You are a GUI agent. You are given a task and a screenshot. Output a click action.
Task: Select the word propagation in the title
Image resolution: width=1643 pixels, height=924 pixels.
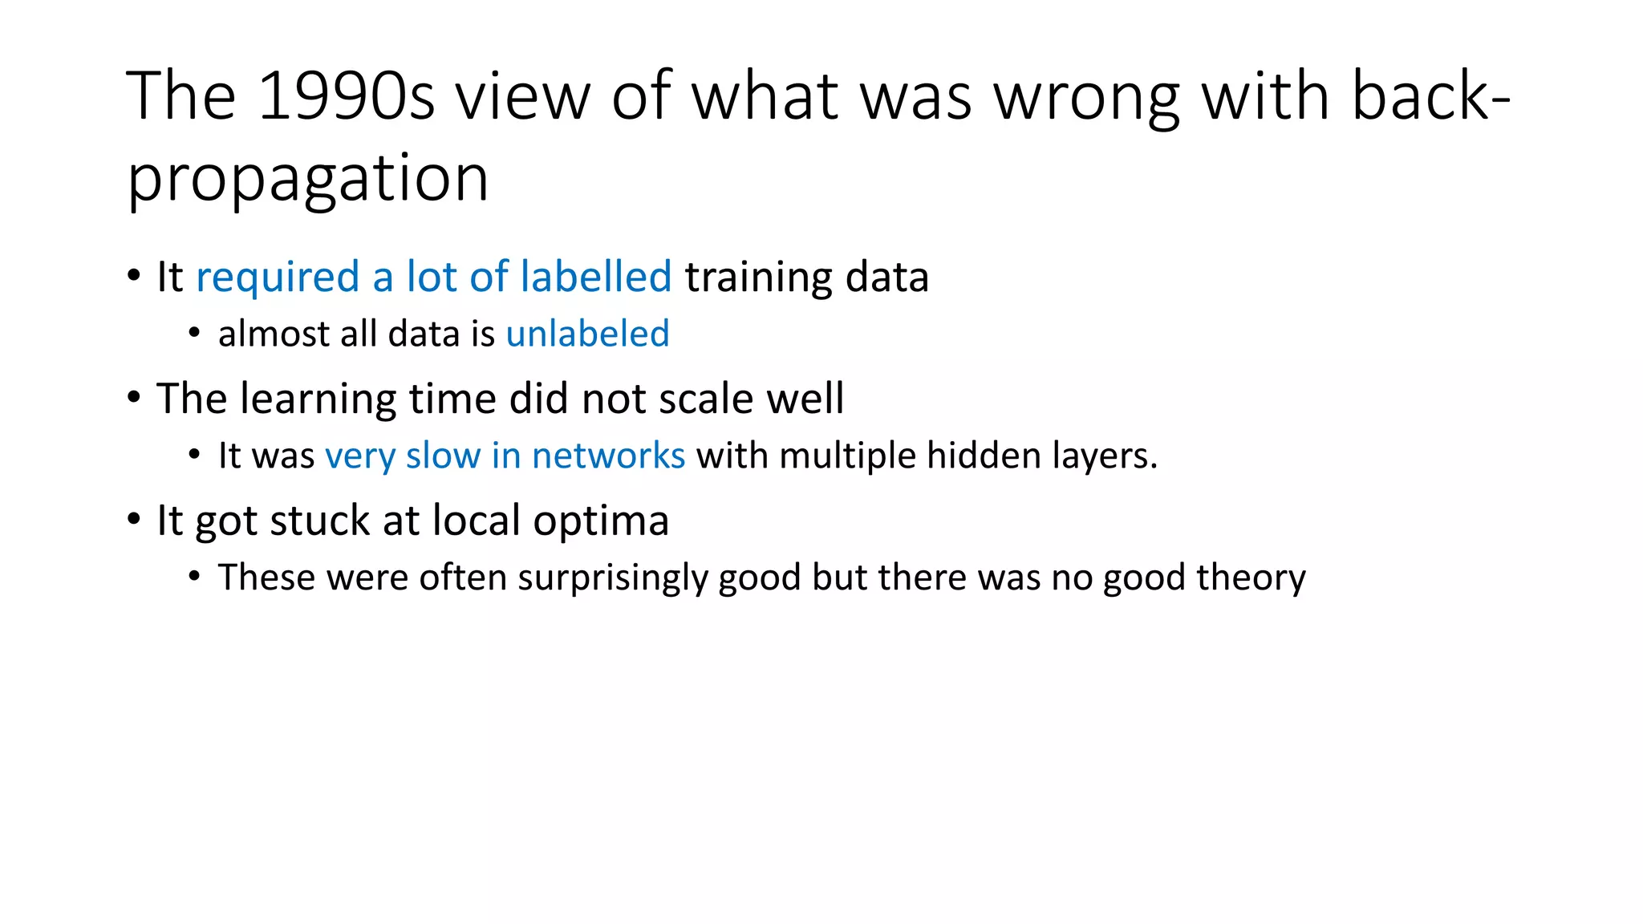click(308, 178)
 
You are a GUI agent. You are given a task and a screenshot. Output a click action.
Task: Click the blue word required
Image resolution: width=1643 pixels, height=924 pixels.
click(278, 277)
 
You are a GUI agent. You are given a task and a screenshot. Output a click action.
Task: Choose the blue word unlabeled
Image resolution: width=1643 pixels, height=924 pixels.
click(587, 334)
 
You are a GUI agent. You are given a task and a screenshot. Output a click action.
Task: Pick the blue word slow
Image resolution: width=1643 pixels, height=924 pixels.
click(442, 456)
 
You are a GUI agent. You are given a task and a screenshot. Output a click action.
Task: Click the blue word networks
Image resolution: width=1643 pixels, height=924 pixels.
click(608, 456)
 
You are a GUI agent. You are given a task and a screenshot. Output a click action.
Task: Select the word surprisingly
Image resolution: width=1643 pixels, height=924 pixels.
click(612, 578)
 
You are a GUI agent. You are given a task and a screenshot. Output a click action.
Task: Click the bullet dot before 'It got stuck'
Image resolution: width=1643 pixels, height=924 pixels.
click(134, 519)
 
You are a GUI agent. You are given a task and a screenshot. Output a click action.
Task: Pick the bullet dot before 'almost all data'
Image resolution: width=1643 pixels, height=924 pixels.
click(194, 332)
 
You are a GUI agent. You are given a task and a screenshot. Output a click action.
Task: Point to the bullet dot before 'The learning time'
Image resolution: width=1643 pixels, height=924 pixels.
click(134, 397)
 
